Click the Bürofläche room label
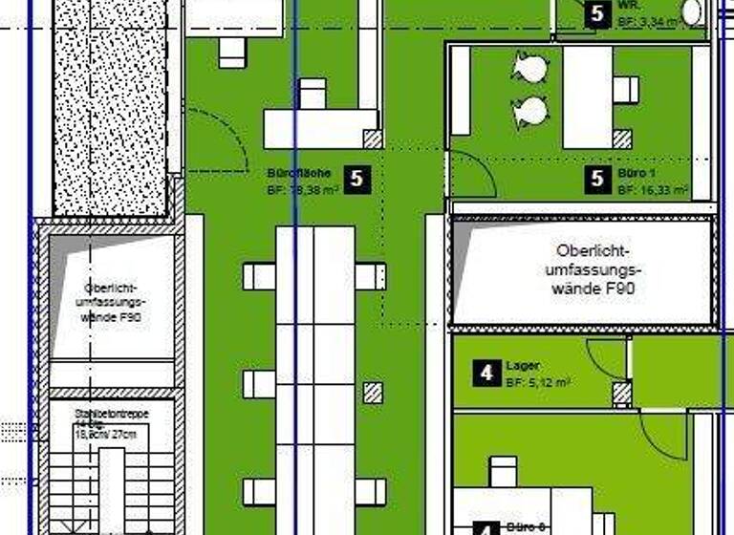(299, 174)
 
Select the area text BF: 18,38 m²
(304, 190)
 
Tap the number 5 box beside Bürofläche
(357, 178)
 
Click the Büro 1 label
(637, 174)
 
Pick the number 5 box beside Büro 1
(598, 178)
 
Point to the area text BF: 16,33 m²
(653, 190)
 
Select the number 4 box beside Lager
(486, 373)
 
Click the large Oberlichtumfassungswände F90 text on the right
(593, 268)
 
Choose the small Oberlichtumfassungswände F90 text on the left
(113, 301)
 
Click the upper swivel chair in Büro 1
(530, 69)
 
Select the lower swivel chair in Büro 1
(530, 111)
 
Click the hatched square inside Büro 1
(622, 139)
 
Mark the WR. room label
(629, 4)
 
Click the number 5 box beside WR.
(597, 13)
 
